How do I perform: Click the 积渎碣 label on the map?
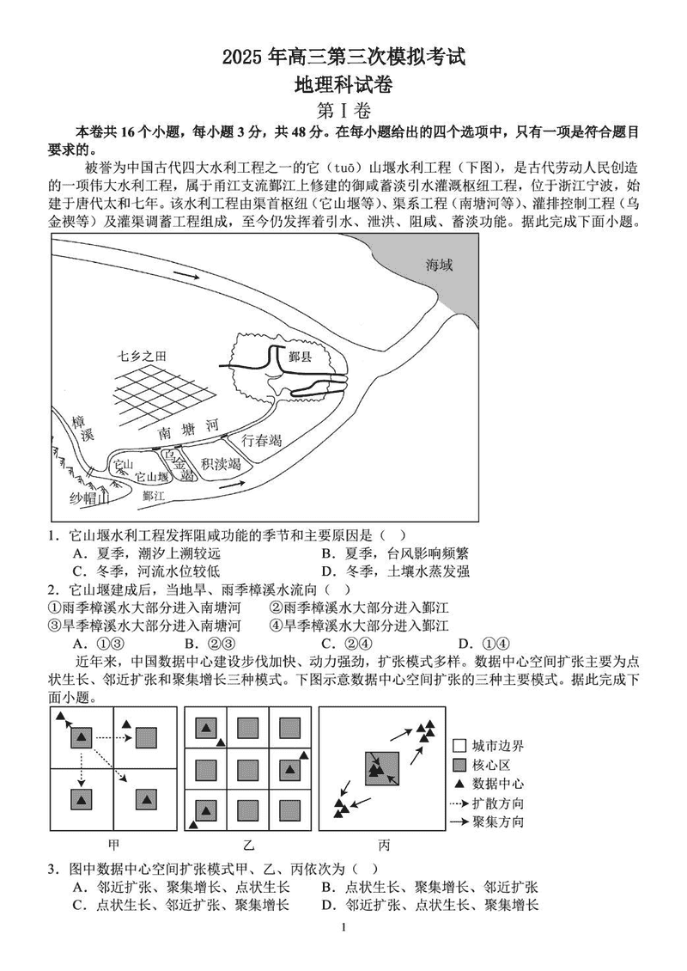click(x=221, y=465)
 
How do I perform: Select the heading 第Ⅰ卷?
click(x=343, y=111)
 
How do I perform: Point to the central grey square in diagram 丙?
click(x=382, y=768)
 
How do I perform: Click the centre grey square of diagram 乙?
click(x=248, y=768)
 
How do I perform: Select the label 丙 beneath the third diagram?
click(x=382, y=843)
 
